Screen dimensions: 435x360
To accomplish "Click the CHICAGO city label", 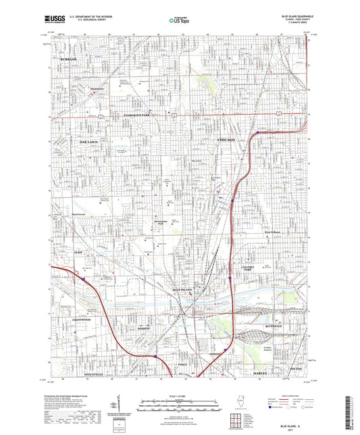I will point(227,139).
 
